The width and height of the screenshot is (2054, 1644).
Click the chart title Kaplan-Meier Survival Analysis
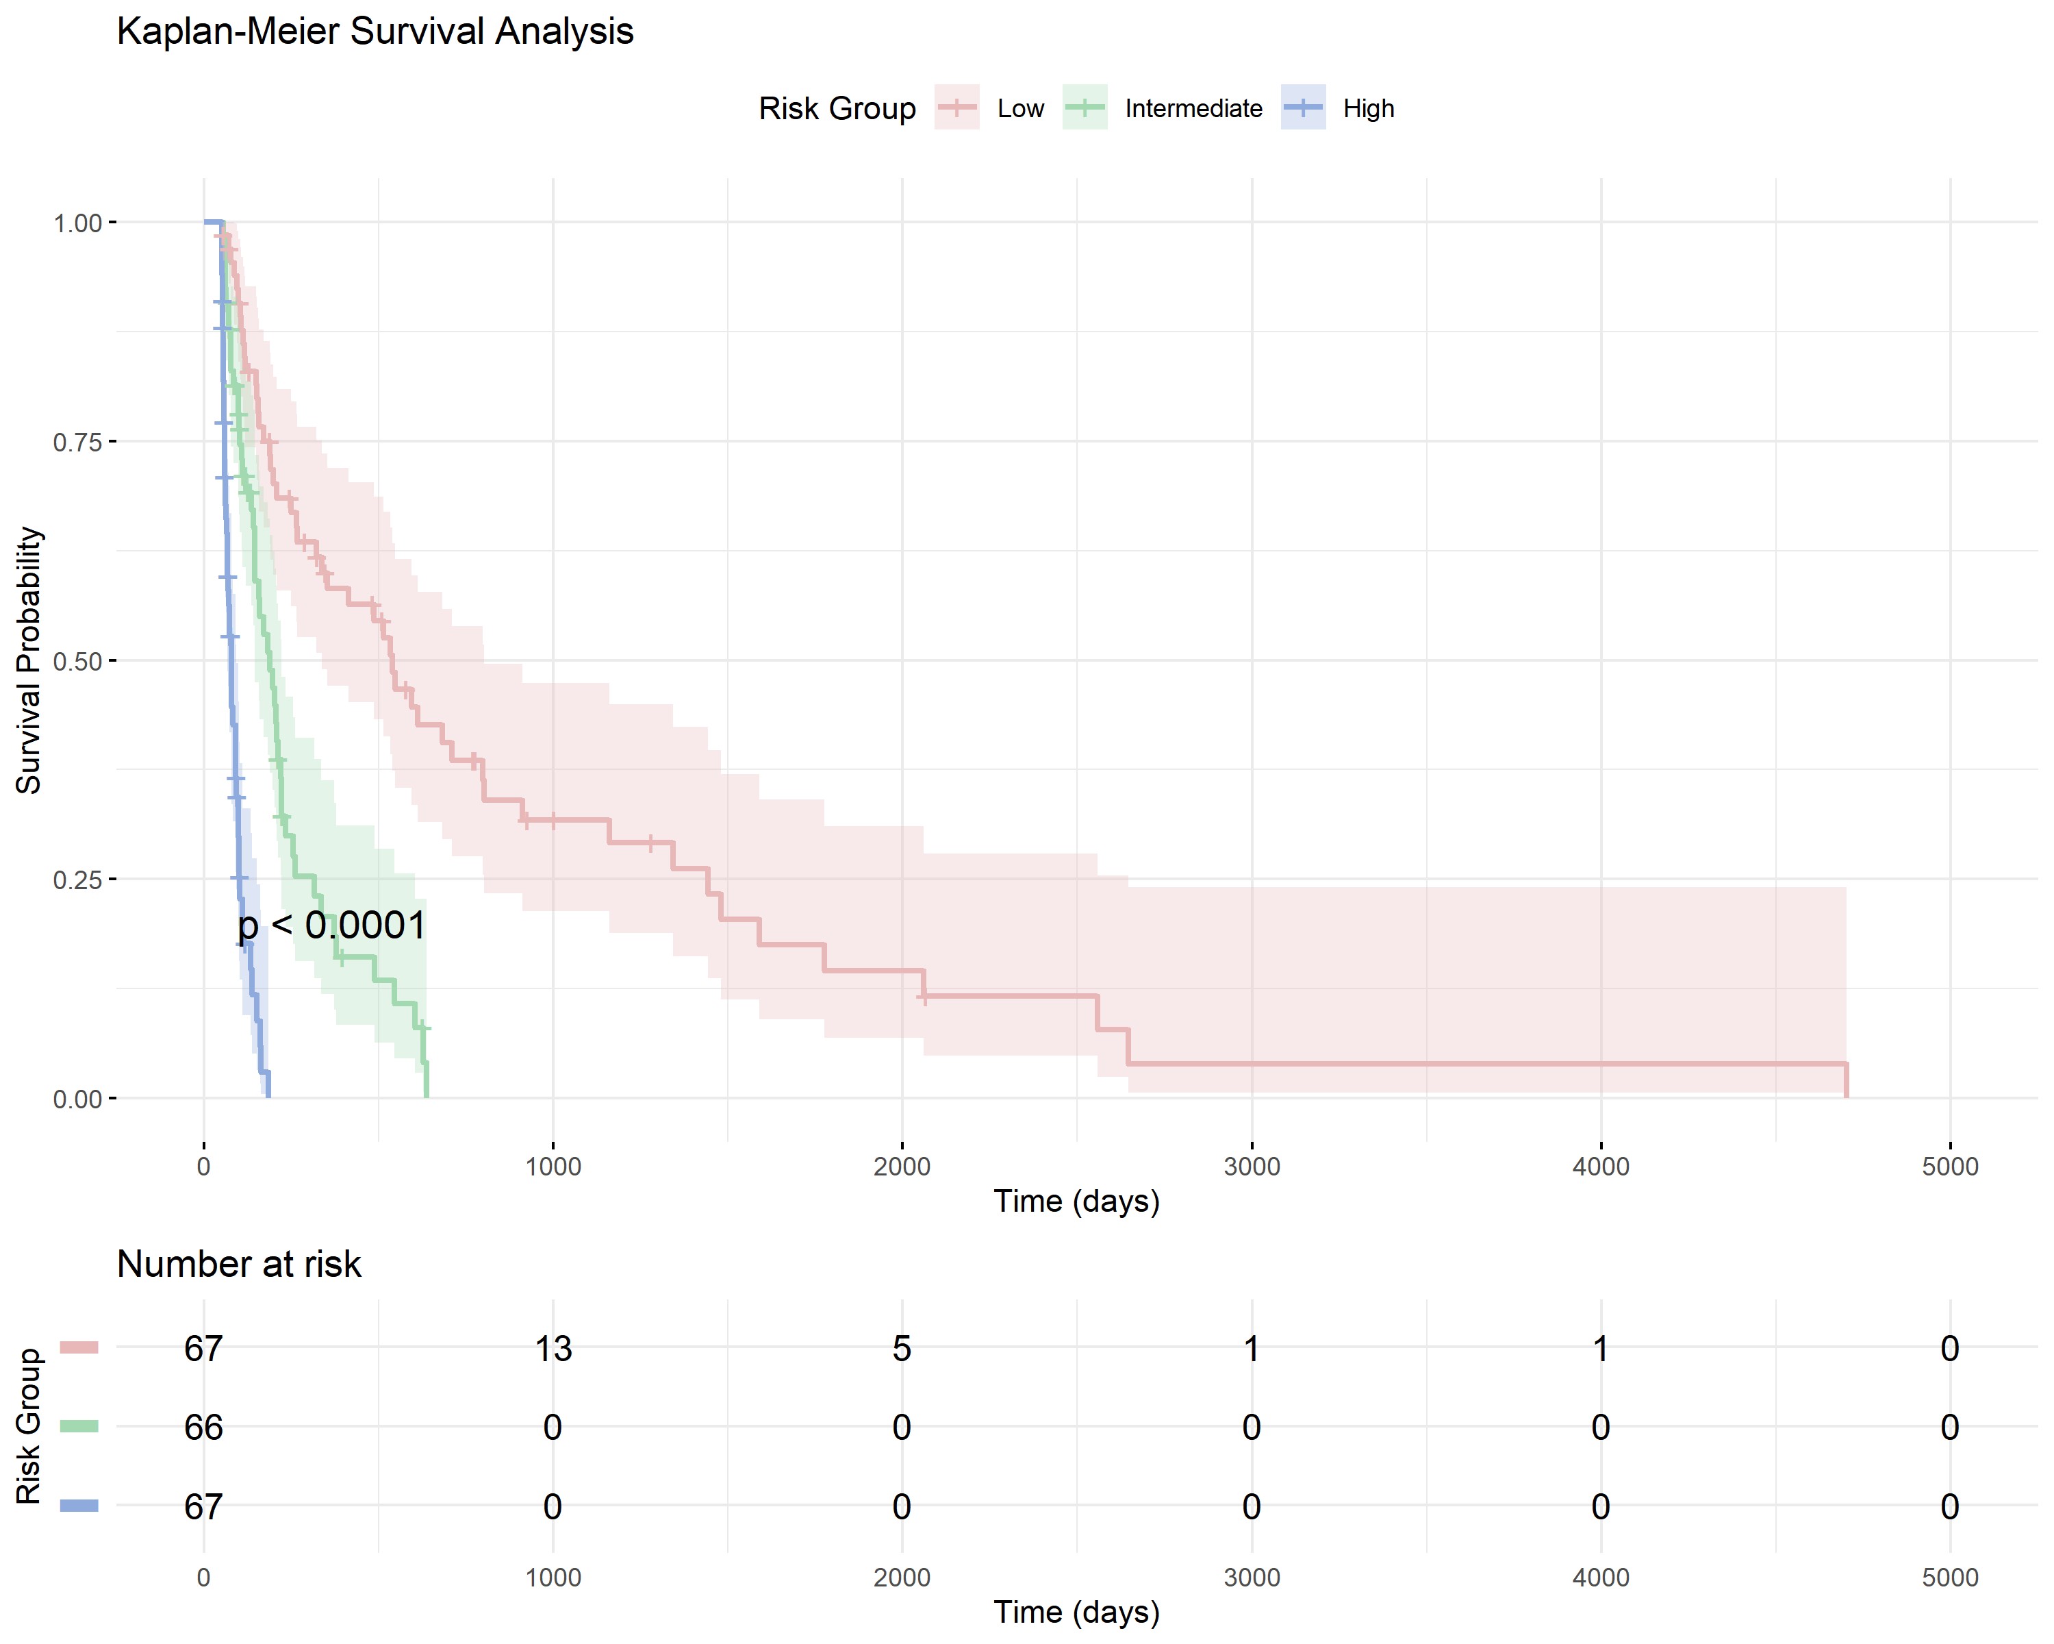(x=375, y=32)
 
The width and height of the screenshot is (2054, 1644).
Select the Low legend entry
(x=1020, y=109)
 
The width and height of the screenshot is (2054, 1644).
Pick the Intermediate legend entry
(x=1193, y=109)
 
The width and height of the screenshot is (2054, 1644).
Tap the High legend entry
(x=1368, y=109)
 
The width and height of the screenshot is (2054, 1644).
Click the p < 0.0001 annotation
(x=331, y=925)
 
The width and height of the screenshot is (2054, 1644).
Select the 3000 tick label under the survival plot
(x=1251, y=1166)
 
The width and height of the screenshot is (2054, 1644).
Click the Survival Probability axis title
(x=29, y=660)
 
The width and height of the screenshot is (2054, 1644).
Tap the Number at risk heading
(x=238, y=1264)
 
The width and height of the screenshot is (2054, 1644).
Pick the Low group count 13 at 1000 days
(x=553, y=1349)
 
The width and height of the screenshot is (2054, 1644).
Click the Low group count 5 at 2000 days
(x=901, y=1349)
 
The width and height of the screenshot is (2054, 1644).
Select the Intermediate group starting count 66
(x=203, y=1427)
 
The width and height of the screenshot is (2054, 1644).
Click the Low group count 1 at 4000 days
(x=1601, y=1349)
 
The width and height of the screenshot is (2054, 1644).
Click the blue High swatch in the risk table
(x=79, y=1506)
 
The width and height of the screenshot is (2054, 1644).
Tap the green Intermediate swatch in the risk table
(x=79, y=1427)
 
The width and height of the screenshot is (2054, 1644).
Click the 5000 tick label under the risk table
(x=1949, y=1578)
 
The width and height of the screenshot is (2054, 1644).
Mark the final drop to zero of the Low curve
(x=1847, y=1081)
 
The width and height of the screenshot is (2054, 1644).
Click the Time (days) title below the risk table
(x=1076, y=1612)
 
